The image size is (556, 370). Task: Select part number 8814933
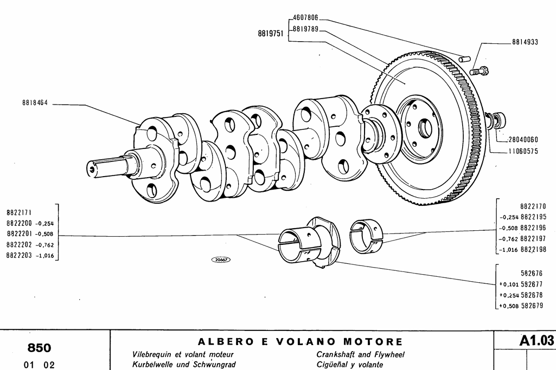(525, 42)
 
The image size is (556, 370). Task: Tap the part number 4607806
(305, 18)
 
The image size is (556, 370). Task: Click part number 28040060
(523, 139)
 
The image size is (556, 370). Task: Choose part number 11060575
(523, 152)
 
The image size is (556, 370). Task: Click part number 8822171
(20, 213)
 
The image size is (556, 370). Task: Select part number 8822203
(20, 256)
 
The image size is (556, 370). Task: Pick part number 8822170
(533, 206)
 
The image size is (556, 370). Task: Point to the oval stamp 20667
(221, 260)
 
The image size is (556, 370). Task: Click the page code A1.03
(536, 341)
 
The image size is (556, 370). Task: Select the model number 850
(39, 348)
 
